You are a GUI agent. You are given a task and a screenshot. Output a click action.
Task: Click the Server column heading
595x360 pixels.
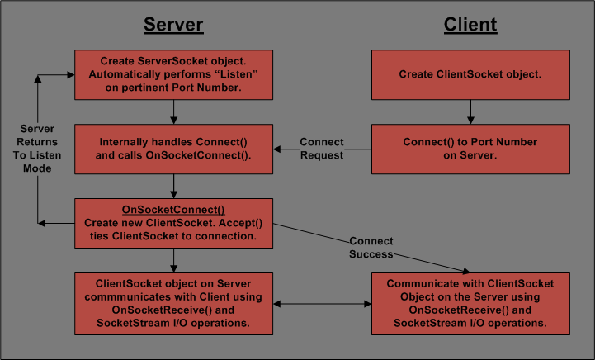tap(173, 25)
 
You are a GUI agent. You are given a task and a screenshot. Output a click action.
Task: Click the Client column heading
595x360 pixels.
tap(470, 25)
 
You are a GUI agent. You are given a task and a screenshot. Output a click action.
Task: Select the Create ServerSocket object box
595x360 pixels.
tap(173, 74)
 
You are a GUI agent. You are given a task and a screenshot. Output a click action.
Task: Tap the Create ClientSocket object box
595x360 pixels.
tap(470, 74)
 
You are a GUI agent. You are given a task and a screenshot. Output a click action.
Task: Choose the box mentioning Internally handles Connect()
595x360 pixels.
tap(173, 149)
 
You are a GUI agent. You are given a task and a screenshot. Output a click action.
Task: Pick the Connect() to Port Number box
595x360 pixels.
tap(470, 149)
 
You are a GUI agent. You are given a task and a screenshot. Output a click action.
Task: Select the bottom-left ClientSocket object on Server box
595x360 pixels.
tap(173, 304)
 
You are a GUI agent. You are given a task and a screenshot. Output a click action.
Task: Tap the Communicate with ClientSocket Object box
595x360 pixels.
tap(470, 304)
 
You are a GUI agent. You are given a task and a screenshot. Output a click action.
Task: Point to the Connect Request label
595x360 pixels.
tap(321, 149)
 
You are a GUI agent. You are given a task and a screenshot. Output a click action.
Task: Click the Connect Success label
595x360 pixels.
tap(371, 248)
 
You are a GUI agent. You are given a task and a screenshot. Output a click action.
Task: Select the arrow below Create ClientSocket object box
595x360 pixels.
tap(470, 111)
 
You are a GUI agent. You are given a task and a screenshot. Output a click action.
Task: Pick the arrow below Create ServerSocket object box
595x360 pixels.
tap(173, 111)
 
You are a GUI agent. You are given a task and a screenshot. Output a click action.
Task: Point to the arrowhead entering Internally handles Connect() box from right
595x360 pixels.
tap(278, 149)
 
